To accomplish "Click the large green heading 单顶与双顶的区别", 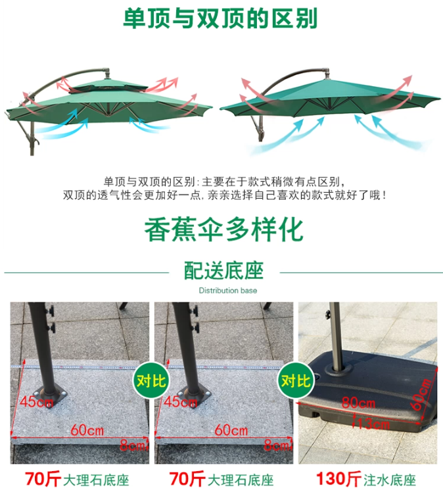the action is point(220,18).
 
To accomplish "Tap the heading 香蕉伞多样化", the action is point(223,230).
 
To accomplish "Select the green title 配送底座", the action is point(224,270).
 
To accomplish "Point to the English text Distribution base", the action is point(227,290).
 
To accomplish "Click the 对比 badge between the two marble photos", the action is point(151,381).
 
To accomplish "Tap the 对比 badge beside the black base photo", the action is point(296,381).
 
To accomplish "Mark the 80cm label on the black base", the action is point(358,403).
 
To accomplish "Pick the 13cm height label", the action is point(373,424).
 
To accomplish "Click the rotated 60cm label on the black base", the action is point(421,394).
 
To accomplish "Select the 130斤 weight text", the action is point(339,478).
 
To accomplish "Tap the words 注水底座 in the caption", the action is point(390,480).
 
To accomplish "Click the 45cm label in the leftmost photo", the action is point(36,401).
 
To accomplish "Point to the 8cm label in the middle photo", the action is point(277,445).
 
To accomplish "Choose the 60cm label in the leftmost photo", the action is point(87,430).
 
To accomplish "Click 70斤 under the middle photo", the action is point(187,479).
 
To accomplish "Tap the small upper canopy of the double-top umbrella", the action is point(108,86).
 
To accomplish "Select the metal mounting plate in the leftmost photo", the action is point(50,397).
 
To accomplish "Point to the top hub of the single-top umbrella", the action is point(327,73).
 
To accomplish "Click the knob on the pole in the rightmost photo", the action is point(327,314).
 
